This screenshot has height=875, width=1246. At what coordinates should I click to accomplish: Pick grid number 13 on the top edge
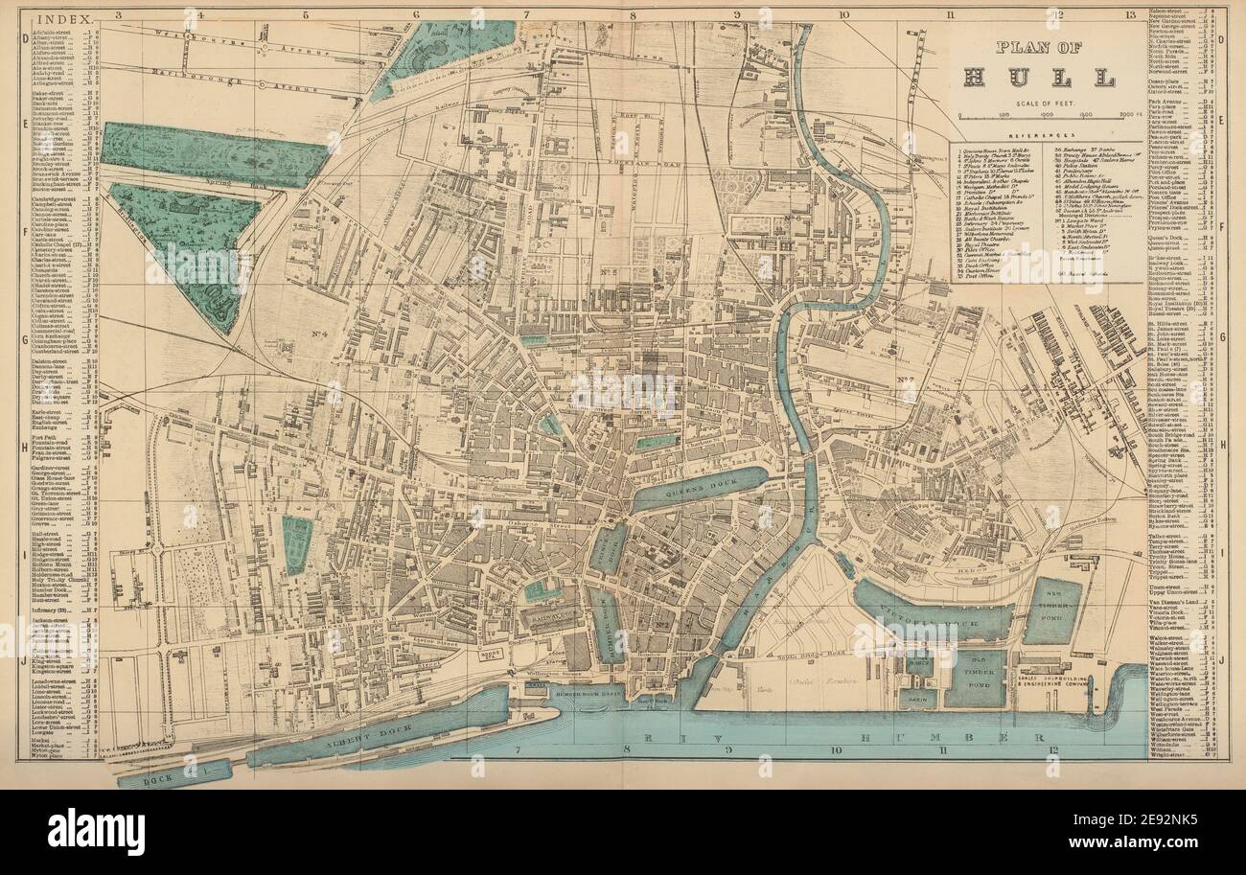click(x=1131, y=14)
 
